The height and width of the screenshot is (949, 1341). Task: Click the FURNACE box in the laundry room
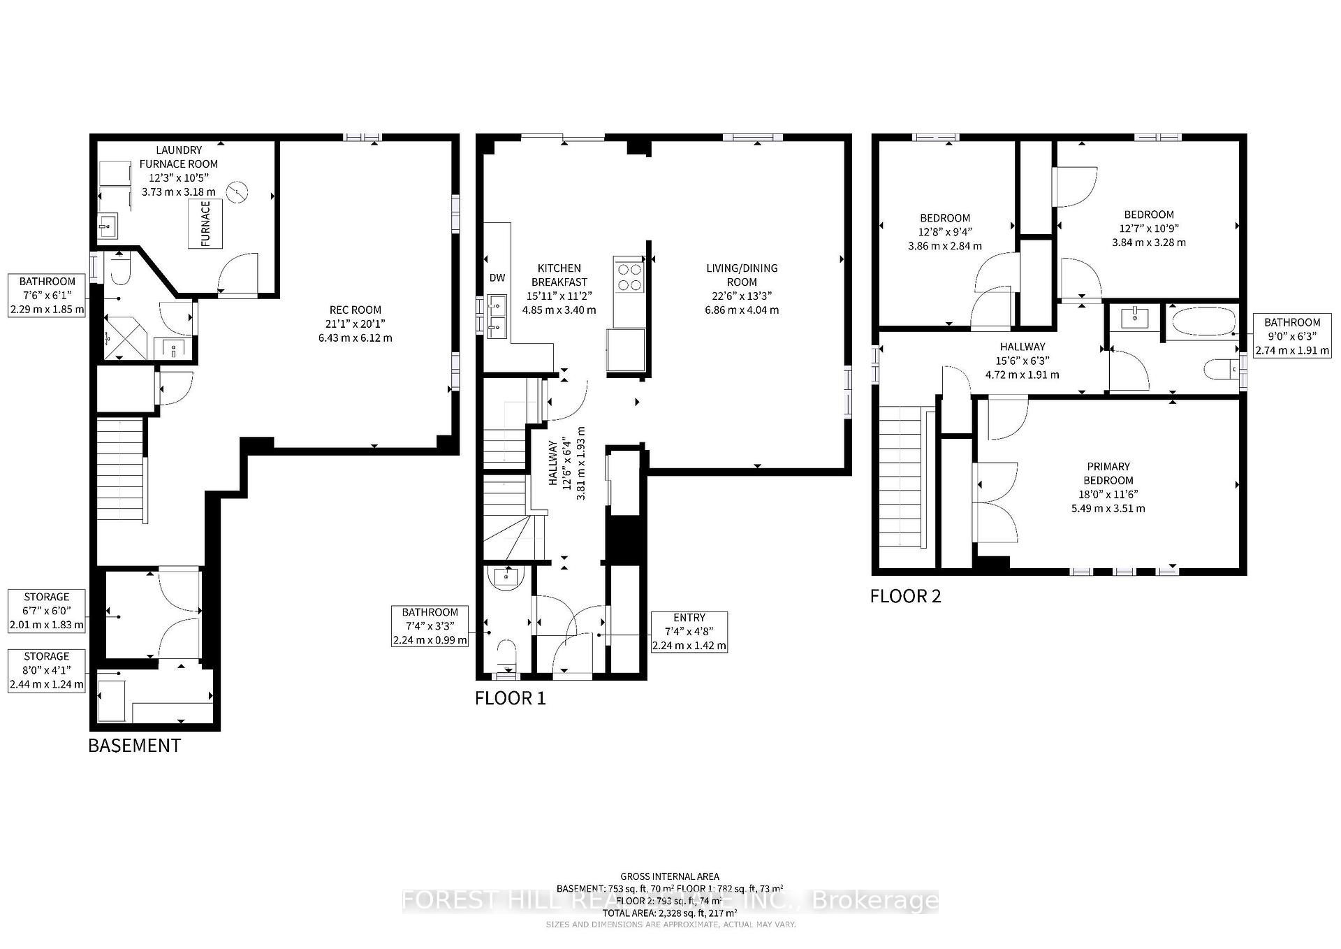click(205, 224)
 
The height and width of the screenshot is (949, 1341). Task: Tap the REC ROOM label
click(356, 310)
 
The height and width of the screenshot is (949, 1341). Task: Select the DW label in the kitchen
click(497, 278)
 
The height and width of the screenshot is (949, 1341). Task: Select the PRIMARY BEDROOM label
click(1108, 473)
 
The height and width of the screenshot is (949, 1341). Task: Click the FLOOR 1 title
click(510, 698)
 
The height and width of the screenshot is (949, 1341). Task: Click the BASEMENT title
click(134, 746)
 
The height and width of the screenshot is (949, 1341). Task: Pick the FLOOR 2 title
click(905, 596)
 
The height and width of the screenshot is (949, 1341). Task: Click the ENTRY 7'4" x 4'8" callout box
click(689, 632)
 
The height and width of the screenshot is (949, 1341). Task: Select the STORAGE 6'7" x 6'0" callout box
click(47, 611)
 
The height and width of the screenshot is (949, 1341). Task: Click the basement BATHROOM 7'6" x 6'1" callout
click(47, 296)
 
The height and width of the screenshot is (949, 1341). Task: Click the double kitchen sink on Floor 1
click(496, 315)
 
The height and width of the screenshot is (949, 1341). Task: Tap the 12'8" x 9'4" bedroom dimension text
click(944, 232)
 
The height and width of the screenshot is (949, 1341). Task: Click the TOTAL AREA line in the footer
click(670, 913)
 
